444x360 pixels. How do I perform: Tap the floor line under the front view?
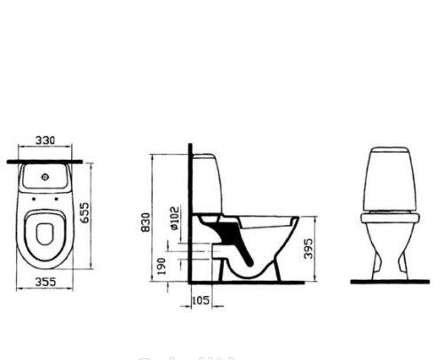tap(390, 281)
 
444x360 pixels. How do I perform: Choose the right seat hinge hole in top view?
tap(57, 199)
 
